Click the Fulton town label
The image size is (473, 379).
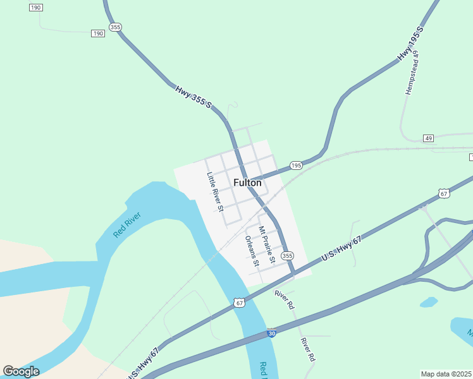(x=247, y=183)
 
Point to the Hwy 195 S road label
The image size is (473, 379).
(x=410, y=44)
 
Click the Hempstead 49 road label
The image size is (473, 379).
(x=412, y=73)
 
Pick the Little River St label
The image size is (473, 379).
(x=216, y=191)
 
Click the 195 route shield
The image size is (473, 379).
(x=296, y=165)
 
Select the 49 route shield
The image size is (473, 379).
(x=429, y=138)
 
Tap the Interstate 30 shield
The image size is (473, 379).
(x=271, y=332)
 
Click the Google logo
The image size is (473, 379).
(x=21, y=371)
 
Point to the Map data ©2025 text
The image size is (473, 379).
(x=446, y=374)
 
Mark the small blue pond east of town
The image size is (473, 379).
(x=429, y=302)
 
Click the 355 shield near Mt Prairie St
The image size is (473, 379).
(x=288, y=255)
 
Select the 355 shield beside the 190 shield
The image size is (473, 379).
(x=114, y=27)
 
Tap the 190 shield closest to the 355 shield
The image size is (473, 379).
(x=97, y=33)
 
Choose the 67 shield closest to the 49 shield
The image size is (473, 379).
(x=445, y=193)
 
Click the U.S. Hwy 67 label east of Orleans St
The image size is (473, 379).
(x=341, y=249)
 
